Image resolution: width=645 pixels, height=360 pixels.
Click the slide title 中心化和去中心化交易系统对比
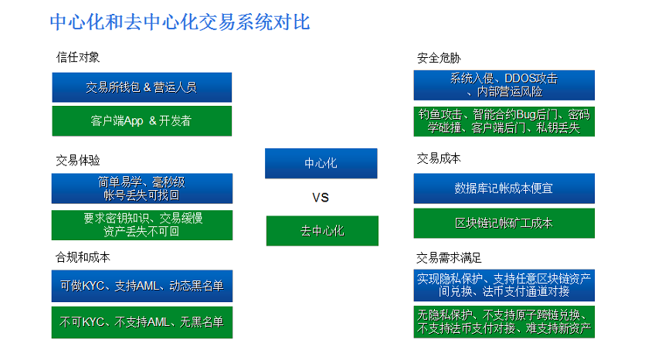click(180, 22)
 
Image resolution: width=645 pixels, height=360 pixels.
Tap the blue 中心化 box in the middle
click(321, 163)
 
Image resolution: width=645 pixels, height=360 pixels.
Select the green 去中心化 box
click(322, 231)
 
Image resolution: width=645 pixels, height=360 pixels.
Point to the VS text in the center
click(321, 198)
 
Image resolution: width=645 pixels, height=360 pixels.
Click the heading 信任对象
click(78, 57)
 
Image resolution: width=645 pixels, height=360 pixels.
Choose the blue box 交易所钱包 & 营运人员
click(142, 87)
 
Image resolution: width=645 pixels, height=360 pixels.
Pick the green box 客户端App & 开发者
click(142, 121)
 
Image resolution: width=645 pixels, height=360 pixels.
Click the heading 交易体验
click(78, 160)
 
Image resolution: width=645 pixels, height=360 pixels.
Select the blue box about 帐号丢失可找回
click(142, 188)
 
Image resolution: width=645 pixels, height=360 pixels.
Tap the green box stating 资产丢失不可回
click(142, 225)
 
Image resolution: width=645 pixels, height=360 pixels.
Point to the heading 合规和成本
click(83, 257)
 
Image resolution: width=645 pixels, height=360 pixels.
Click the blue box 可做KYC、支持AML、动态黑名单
click(142, 286)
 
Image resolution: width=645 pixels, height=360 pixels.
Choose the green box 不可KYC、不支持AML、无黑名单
click(142, 323)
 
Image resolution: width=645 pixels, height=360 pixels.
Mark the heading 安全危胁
click(439, 58)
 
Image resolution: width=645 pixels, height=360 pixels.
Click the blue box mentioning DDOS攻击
click(504, 85)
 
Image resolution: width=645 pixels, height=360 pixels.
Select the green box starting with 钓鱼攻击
click(504, 121)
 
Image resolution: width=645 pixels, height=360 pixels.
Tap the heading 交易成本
click(439, 158)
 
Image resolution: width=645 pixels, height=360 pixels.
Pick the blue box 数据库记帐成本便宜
click(504, 188)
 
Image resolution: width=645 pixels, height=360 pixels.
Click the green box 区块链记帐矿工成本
click(504, 223)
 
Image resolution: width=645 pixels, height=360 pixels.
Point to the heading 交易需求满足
click(449, 258)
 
